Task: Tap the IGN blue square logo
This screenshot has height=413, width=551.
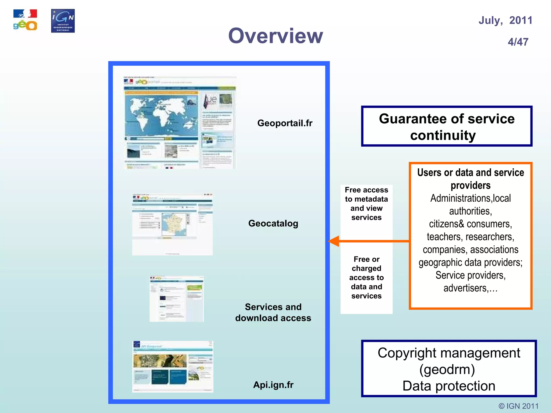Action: [63, 21]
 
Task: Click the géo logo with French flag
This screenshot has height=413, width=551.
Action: [25, 20]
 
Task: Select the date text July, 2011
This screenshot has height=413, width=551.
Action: [505, 20]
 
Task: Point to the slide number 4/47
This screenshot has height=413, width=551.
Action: [518, 42]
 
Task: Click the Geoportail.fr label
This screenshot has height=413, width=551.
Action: [285, 123]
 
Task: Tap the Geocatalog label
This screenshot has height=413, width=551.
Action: [273, 223]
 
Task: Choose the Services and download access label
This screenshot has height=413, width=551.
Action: [273, 312]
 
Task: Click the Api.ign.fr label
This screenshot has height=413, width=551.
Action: [273, 385]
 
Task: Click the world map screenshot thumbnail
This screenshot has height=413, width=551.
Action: [180, 123]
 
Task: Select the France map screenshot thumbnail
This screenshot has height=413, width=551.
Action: [172, 224]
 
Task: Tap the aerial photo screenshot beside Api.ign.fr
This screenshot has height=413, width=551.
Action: [172, 366]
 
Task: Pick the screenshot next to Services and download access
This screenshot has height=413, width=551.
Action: [176, 299]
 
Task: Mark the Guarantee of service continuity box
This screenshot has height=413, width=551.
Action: [447, 126]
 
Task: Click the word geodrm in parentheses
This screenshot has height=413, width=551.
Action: [447, 369]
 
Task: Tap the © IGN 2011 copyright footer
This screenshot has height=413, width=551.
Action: [518, 406]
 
